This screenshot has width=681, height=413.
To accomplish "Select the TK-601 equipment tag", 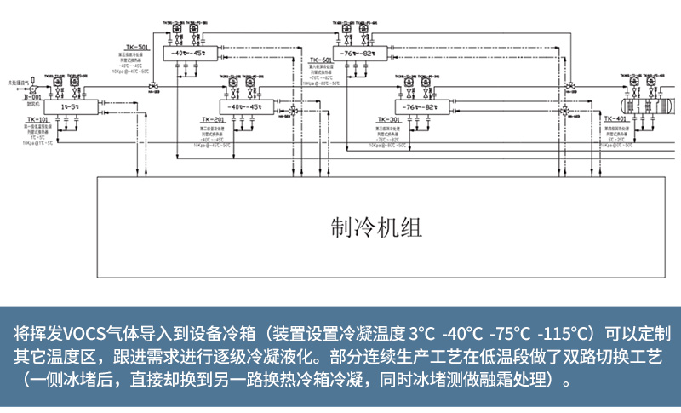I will click(343, 47).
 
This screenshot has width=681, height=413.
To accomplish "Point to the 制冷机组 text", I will click(375, 227).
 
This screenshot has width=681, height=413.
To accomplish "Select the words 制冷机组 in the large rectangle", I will click(375, 227).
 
